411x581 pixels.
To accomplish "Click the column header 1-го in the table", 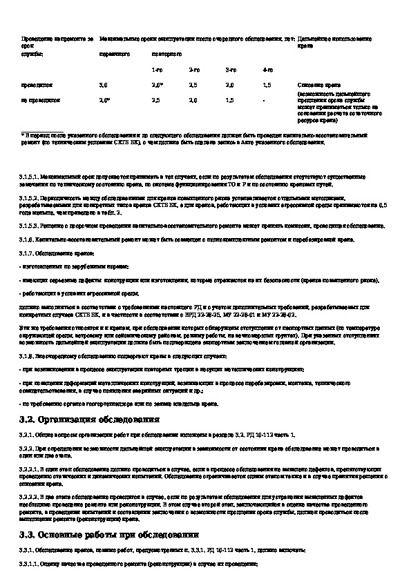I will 158,70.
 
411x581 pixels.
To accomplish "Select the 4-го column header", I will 267,70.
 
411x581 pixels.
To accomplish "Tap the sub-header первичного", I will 113,53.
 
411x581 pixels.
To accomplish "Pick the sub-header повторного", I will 166,53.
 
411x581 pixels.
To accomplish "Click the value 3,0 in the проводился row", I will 104,84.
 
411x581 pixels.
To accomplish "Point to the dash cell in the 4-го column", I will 264,100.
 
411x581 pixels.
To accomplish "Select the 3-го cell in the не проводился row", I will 229,100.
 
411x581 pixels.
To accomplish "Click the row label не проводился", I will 41,100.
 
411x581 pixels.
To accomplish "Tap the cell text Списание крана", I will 315,84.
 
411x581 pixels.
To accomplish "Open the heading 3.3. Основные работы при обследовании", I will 111,535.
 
